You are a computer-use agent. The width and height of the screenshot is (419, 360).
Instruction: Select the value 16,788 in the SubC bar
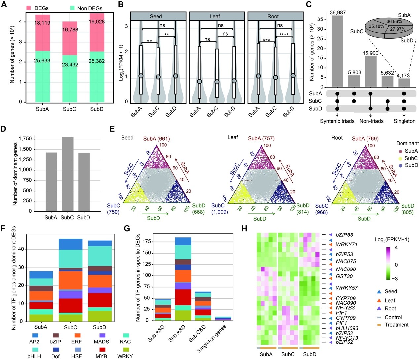pos(70,30)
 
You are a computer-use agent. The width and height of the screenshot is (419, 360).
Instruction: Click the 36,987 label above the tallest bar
pos(337,12)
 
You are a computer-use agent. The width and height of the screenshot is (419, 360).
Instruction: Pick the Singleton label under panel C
pos(404,121)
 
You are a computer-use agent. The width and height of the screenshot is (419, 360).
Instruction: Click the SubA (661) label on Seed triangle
pos(156,139)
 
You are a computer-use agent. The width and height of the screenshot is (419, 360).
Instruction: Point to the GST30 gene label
pos(344,276)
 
